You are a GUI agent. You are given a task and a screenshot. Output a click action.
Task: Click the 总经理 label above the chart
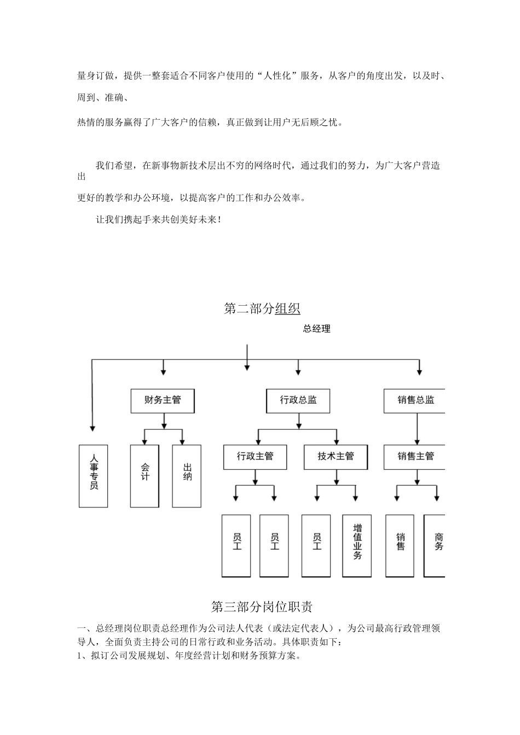point(316,329)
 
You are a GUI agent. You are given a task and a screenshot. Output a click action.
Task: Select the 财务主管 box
point(163,400)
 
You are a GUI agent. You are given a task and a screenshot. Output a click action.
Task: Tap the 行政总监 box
point(298,400)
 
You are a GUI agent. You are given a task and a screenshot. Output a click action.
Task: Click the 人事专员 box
point(93,475)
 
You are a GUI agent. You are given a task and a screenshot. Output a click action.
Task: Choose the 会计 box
point(145,475)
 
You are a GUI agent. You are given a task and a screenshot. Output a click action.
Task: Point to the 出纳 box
point(187,475)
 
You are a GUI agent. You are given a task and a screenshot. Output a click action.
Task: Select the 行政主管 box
point(255,457)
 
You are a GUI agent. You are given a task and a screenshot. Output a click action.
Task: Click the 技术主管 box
point(336,457)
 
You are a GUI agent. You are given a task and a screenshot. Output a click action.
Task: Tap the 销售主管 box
point(416,457)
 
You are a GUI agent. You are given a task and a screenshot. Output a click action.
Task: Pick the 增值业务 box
point(357,545)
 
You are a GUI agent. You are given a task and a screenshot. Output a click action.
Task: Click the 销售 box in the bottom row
point(400,545)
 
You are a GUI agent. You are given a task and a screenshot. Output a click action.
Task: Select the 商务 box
point(436,545)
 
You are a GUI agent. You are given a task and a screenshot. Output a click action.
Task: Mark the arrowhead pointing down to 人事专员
point(92,428)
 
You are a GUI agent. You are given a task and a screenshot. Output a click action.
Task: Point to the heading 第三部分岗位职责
point(261,606)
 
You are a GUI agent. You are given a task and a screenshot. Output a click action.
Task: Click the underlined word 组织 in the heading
point(287,308)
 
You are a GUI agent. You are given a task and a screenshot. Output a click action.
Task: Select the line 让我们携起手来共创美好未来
point(159,220)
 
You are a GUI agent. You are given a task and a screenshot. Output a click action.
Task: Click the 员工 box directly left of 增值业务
point(317,545)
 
